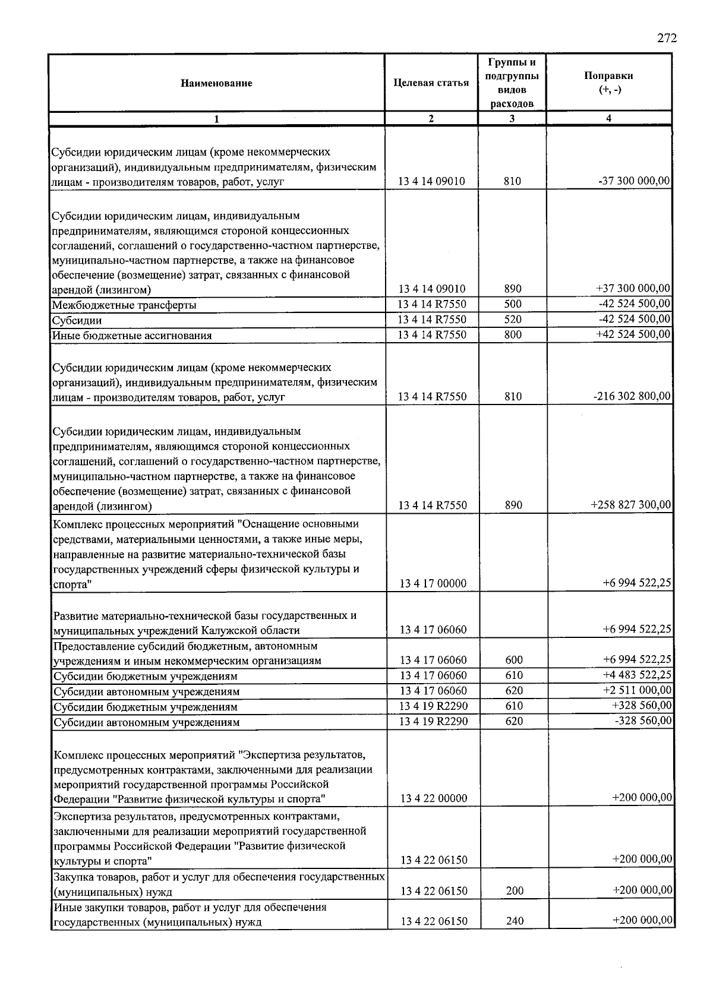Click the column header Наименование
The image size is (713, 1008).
[216, 83]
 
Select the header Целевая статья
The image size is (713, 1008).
[431, 83]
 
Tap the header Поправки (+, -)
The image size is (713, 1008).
[608, 83]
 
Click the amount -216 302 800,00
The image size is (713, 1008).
[632, 396]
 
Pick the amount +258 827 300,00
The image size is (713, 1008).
[630, 505]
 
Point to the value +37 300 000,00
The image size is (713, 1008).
[633, 289]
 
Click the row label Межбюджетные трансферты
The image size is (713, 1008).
[124, 305]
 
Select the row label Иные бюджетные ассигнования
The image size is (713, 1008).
[132, 336]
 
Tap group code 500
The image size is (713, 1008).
[512, 304]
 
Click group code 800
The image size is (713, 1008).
[512, 335]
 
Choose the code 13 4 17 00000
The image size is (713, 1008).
[433, 583]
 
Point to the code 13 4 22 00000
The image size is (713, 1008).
[433, 798]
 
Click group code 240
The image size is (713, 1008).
[514, 921]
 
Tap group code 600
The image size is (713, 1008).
[514, 660]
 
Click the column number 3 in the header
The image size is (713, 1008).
[512, 119]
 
